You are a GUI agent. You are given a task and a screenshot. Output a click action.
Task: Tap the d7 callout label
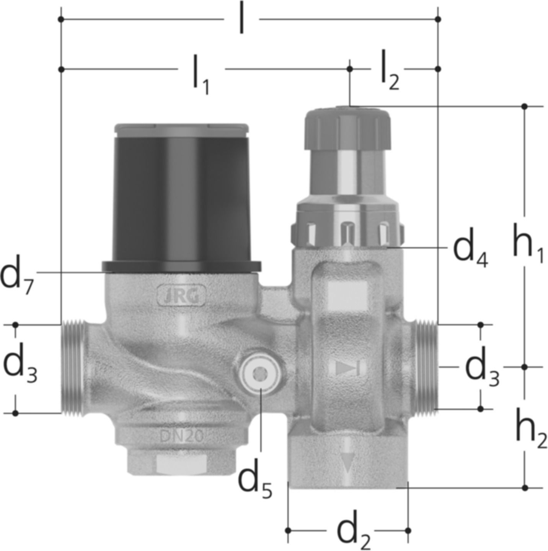[16, 276]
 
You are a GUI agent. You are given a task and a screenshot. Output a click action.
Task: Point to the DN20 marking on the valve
[181, 436]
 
